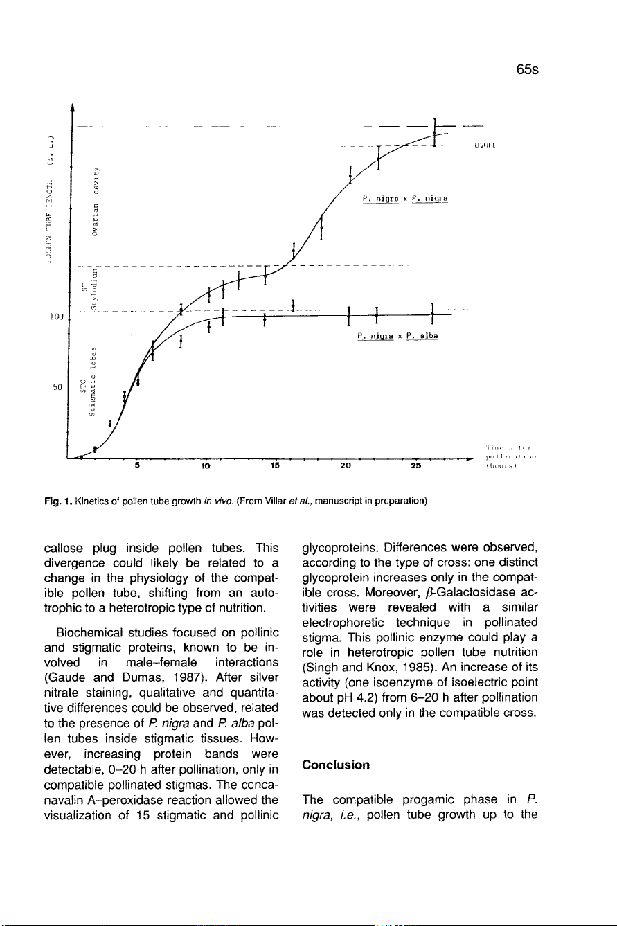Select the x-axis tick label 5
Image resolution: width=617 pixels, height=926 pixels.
coord(137,466)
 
